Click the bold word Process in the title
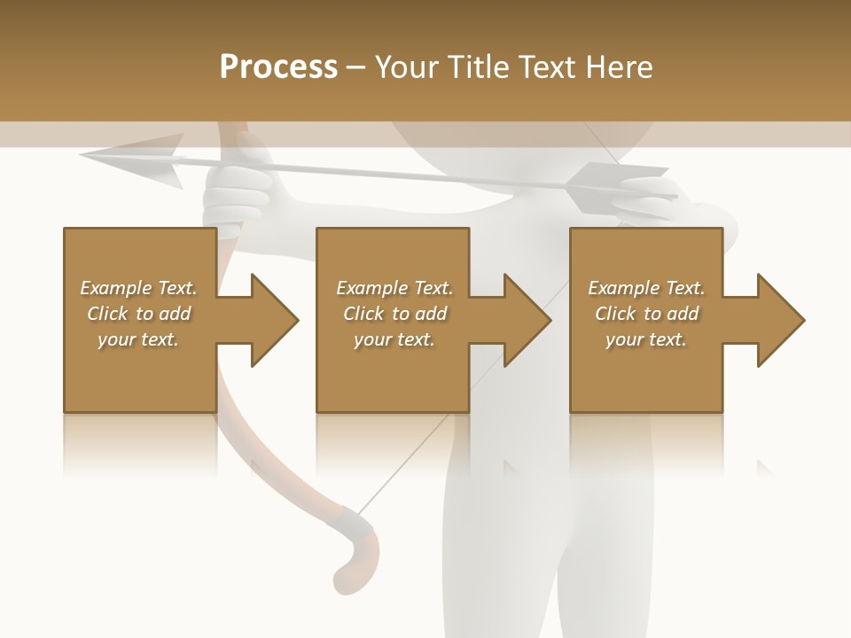(x=278, y=67)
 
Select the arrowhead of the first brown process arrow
(x=274, y=320)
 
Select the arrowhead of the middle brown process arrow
(x=527, y=320)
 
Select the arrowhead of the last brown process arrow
(x=780, y=320)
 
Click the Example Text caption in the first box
(x=138, y=288)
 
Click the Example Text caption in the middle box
(x=394, y=288)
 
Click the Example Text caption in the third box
(x=646, y=288)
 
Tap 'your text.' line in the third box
(x=646, y=339)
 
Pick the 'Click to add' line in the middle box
(x=394, y=314)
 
